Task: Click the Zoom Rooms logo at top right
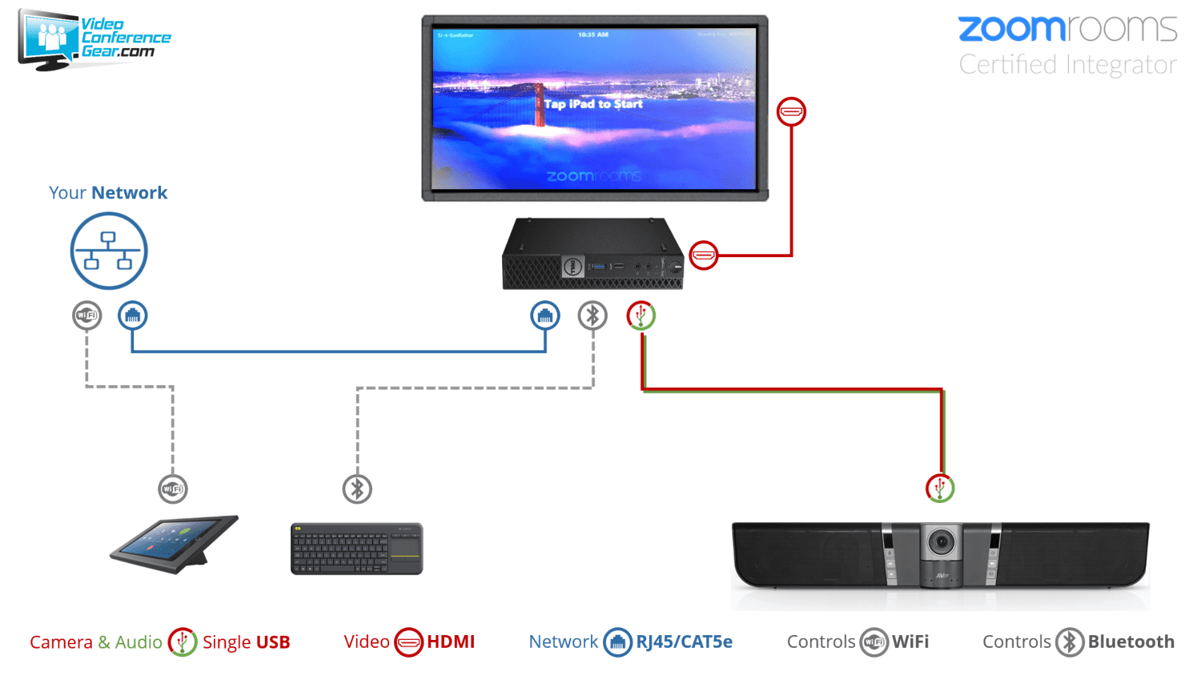pos(1067,30)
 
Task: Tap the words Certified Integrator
pos(1067,65)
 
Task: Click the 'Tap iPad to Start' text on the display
pos(593,104)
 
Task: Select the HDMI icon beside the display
pos(791,112)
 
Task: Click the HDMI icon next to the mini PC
pos(703,256)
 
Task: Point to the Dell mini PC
pos(592,255)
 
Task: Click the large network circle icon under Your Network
pos(109,251)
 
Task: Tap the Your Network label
pos(108,193)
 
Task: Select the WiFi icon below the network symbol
pos(86,316)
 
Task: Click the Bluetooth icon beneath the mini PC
pos(592,316)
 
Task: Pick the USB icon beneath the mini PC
pos(641,316)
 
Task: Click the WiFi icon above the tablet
pos(173,489)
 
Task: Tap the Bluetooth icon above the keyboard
pos(357,489)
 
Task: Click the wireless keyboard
pos(356,549)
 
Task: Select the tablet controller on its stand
pos(175,543)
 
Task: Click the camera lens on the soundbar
pos(942,542)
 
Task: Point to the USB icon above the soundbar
pos(940,488)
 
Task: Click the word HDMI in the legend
pos(451,642)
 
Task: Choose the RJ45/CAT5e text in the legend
pos(684,642)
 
